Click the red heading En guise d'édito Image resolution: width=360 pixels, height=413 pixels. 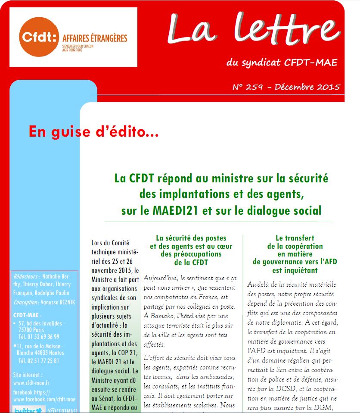coord(94,131)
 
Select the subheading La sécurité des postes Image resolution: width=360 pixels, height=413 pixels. coord(191,238)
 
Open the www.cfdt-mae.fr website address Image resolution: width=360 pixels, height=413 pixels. coord(31,382)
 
